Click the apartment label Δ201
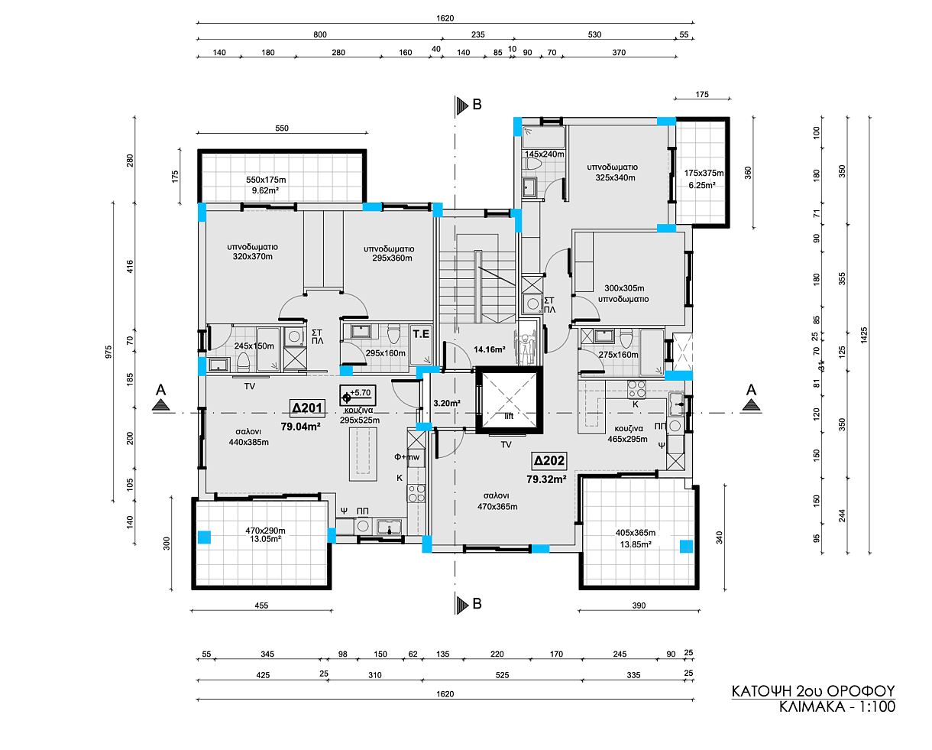tap(308, 408)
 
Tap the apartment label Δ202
tap(549, 460)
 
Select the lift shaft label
tap(509, 416)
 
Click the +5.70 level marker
tap(358, 395)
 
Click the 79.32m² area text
tap(546, 479)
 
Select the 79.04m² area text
tap(300, 427)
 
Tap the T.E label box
tap(421, 334)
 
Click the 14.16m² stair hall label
tap(490, 349)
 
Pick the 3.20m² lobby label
tap(447, 403)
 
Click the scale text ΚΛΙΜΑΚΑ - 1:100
tap(837, 707)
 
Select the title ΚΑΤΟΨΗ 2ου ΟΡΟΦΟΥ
tap(814, 691)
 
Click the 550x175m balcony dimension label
tap(266, 180)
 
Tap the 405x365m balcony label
tap(636, 533)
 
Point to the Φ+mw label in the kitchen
tap(407, 456)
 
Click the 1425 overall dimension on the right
tap(864, 335)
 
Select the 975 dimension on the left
tap(108, 352)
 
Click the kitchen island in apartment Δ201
tap(363, 454)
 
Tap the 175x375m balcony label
tap(704, 173)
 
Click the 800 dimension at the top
tap(320, 34)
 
